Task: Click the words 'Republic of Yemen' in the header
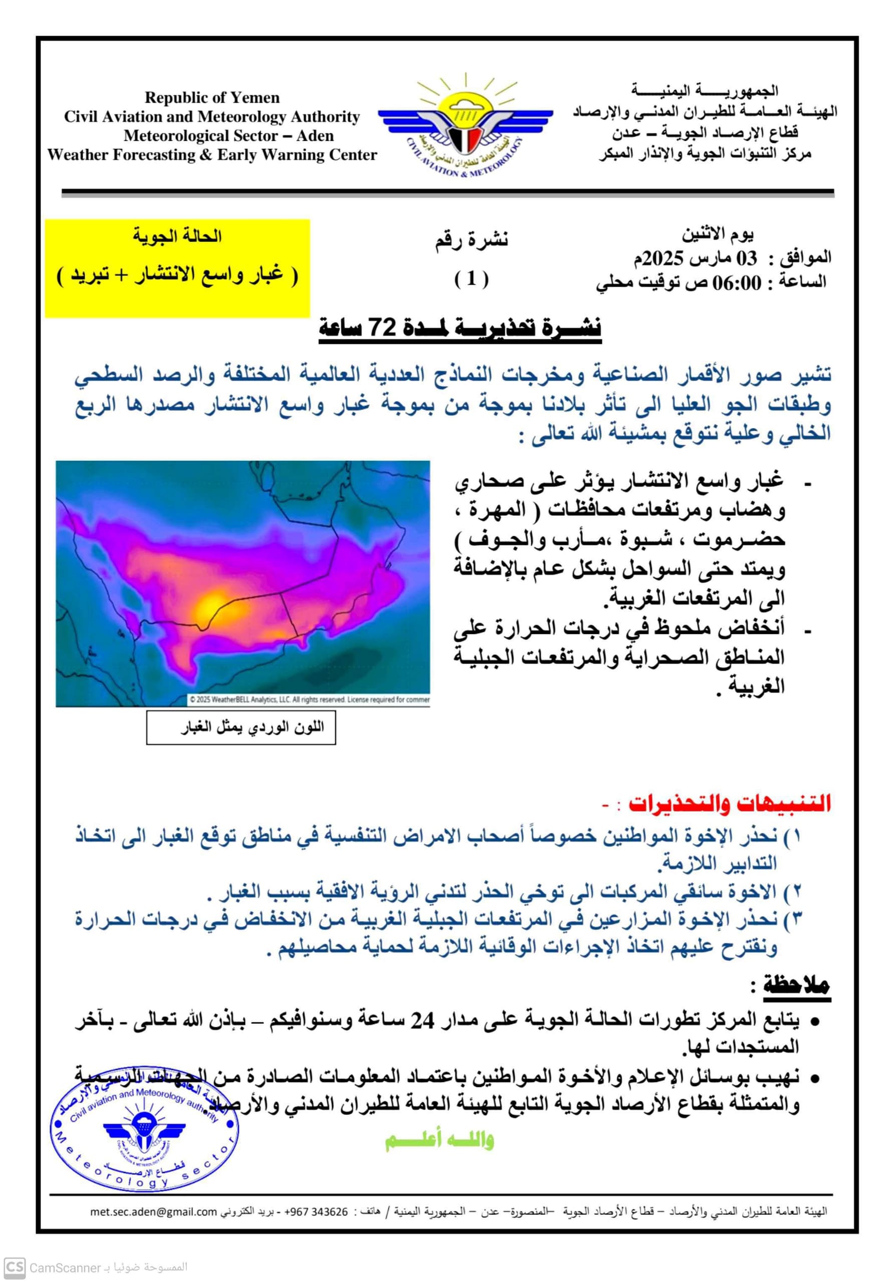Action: tap(212, 98)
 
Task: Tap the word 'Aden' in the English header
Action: tap(316, 136)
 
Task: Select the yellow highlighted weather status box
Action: tap(177, 268)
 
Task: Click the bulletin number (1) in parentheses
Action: tap(471, 279)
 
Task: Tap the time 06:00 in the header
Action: tap(736, 283)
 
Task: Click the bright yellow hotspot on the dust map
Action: tap(213, 604)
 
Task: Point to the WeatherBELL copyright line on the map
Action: tap(309, 699)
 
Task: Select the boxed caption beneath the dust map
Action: tap(241, 728)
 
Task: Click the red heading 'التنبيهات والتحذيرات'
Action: tap(730, 803)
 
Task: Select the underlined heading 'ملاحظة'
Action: tap(796, 986)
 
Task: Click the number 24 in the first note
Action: tap(423, 1021)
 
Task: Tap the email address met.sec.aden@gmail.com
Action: tap(154, 1211)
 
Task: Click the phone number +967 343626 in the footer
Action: tap(316, 1211)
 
